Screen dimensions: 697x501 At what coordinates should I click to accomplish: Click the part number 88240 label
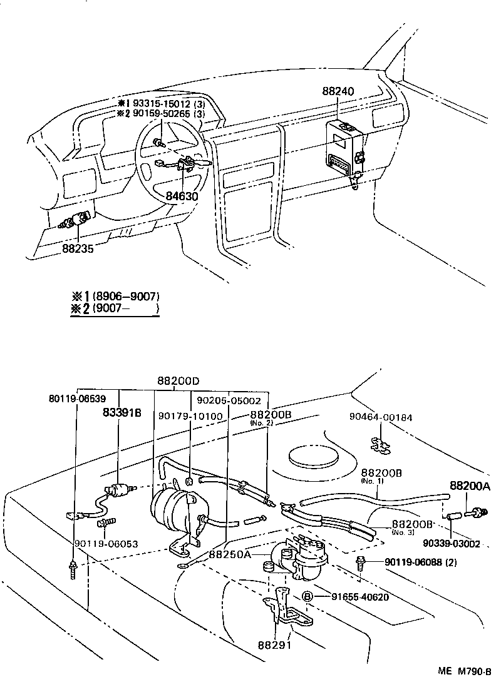coord(338,91)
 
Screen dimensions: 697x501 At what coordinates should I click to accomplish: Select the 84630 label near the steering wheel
coord(182,195)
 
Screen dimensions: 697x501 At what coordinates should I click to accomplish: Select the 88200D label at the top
coord(178,381)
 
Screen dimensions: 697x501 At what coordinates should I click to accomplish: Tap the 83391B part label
coord(121,412)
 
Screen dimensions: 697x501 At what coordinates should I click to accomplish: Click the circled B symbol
coord(307,596)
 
